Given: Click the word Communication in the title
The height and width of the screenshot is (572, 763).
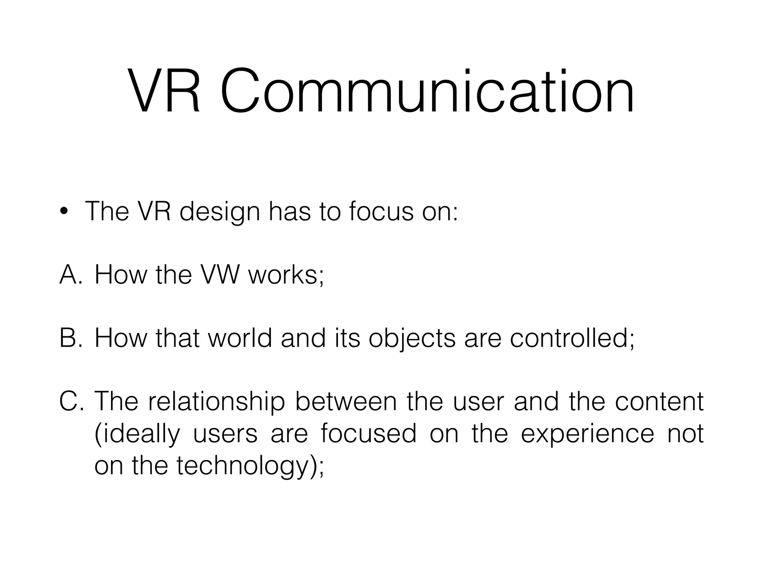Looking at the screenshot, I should [x=427, y=91].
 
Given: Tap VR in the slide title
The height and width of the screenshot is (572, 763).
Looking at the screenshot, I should [x=164, y=91].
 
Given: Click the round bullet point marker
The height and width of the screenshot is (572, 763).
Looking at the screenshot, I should [x=64, y=211].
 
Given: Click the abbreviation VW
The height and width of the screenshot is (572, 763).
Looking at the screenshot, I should [x=220, y=274].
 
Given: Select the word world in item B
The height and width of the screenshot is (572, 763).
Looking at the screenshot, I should [x=240, y=338].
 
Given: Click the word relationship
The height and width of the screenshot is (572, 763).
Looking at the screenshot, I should [x=216, y=402].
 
